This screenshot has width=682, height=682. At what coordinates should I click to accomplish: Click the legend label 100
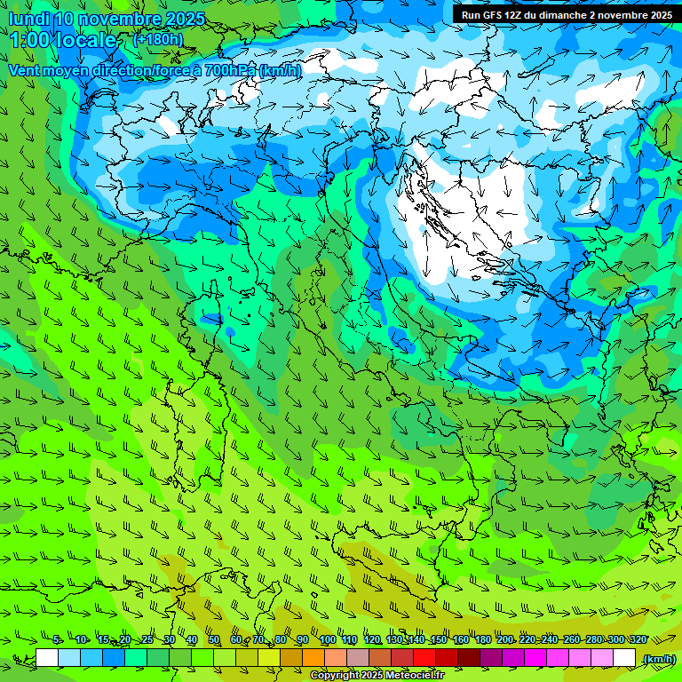tap(328, 639)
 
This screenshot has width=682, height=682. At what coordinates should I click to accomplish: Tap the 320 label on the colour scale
tap(638, 639)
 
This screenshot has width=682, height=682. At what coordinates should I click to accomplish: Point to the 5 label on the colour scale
tap(57, 639)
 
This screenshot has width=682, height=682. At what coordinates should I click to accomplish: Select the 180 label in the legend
tap(482, 639)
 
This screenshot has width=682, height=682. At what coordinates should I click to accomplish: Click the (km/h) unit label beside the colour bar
tap(659, 658)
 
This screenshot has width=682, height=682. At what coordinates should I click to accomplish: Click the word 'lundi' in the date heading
tap(29, 19)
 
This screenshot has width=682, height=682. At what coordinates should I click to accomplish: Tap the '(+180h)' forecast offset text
tap(157, 39)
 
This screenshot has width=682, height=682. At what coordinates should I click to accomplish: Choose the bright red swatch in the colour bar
tap(424, 658)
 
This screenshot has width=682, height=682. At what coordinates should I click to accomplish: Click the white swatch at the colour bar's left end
tap(47, 658)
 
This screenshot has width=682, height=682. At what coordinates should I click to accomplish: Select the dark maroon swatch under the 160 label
tap(469, 658)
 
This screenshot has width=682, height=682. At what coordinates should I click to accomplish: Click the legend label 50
tap(214, 639)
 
